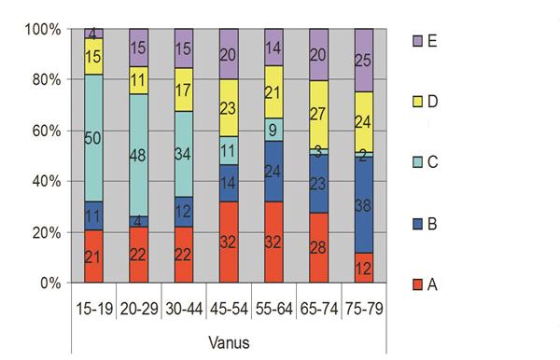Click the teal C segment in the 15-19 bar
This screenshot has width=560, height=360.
click(x=92, y=138)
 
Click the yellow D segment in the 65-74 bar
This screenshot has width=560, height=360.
click(x=316, y=114)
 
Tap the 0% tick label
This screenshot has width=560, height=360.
click(x=48, y=283)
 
